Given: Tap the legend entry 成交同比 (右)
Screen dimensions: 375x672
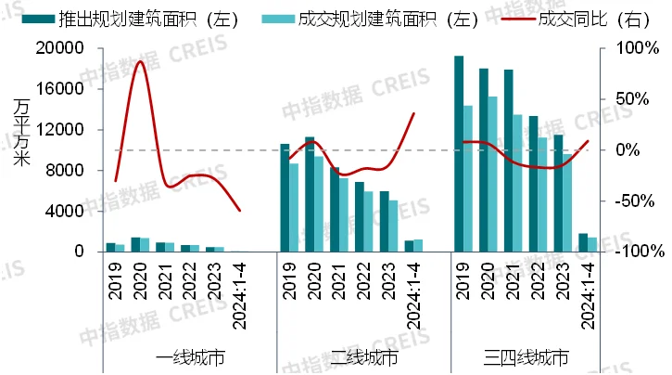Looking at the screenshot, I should click(574, 18).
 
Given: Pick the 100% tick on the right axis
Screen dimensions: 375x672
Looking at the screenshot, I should click(619, 48).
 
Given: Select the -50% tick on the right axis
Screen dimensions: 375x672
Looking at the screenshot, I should click(619, 200).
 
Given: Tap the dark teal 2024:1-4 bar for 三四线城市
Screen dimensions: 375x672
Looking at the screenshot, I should click(582, 242).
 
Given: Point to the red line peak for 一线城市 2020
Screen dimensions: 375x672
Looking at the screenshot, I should click(140, 61).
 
